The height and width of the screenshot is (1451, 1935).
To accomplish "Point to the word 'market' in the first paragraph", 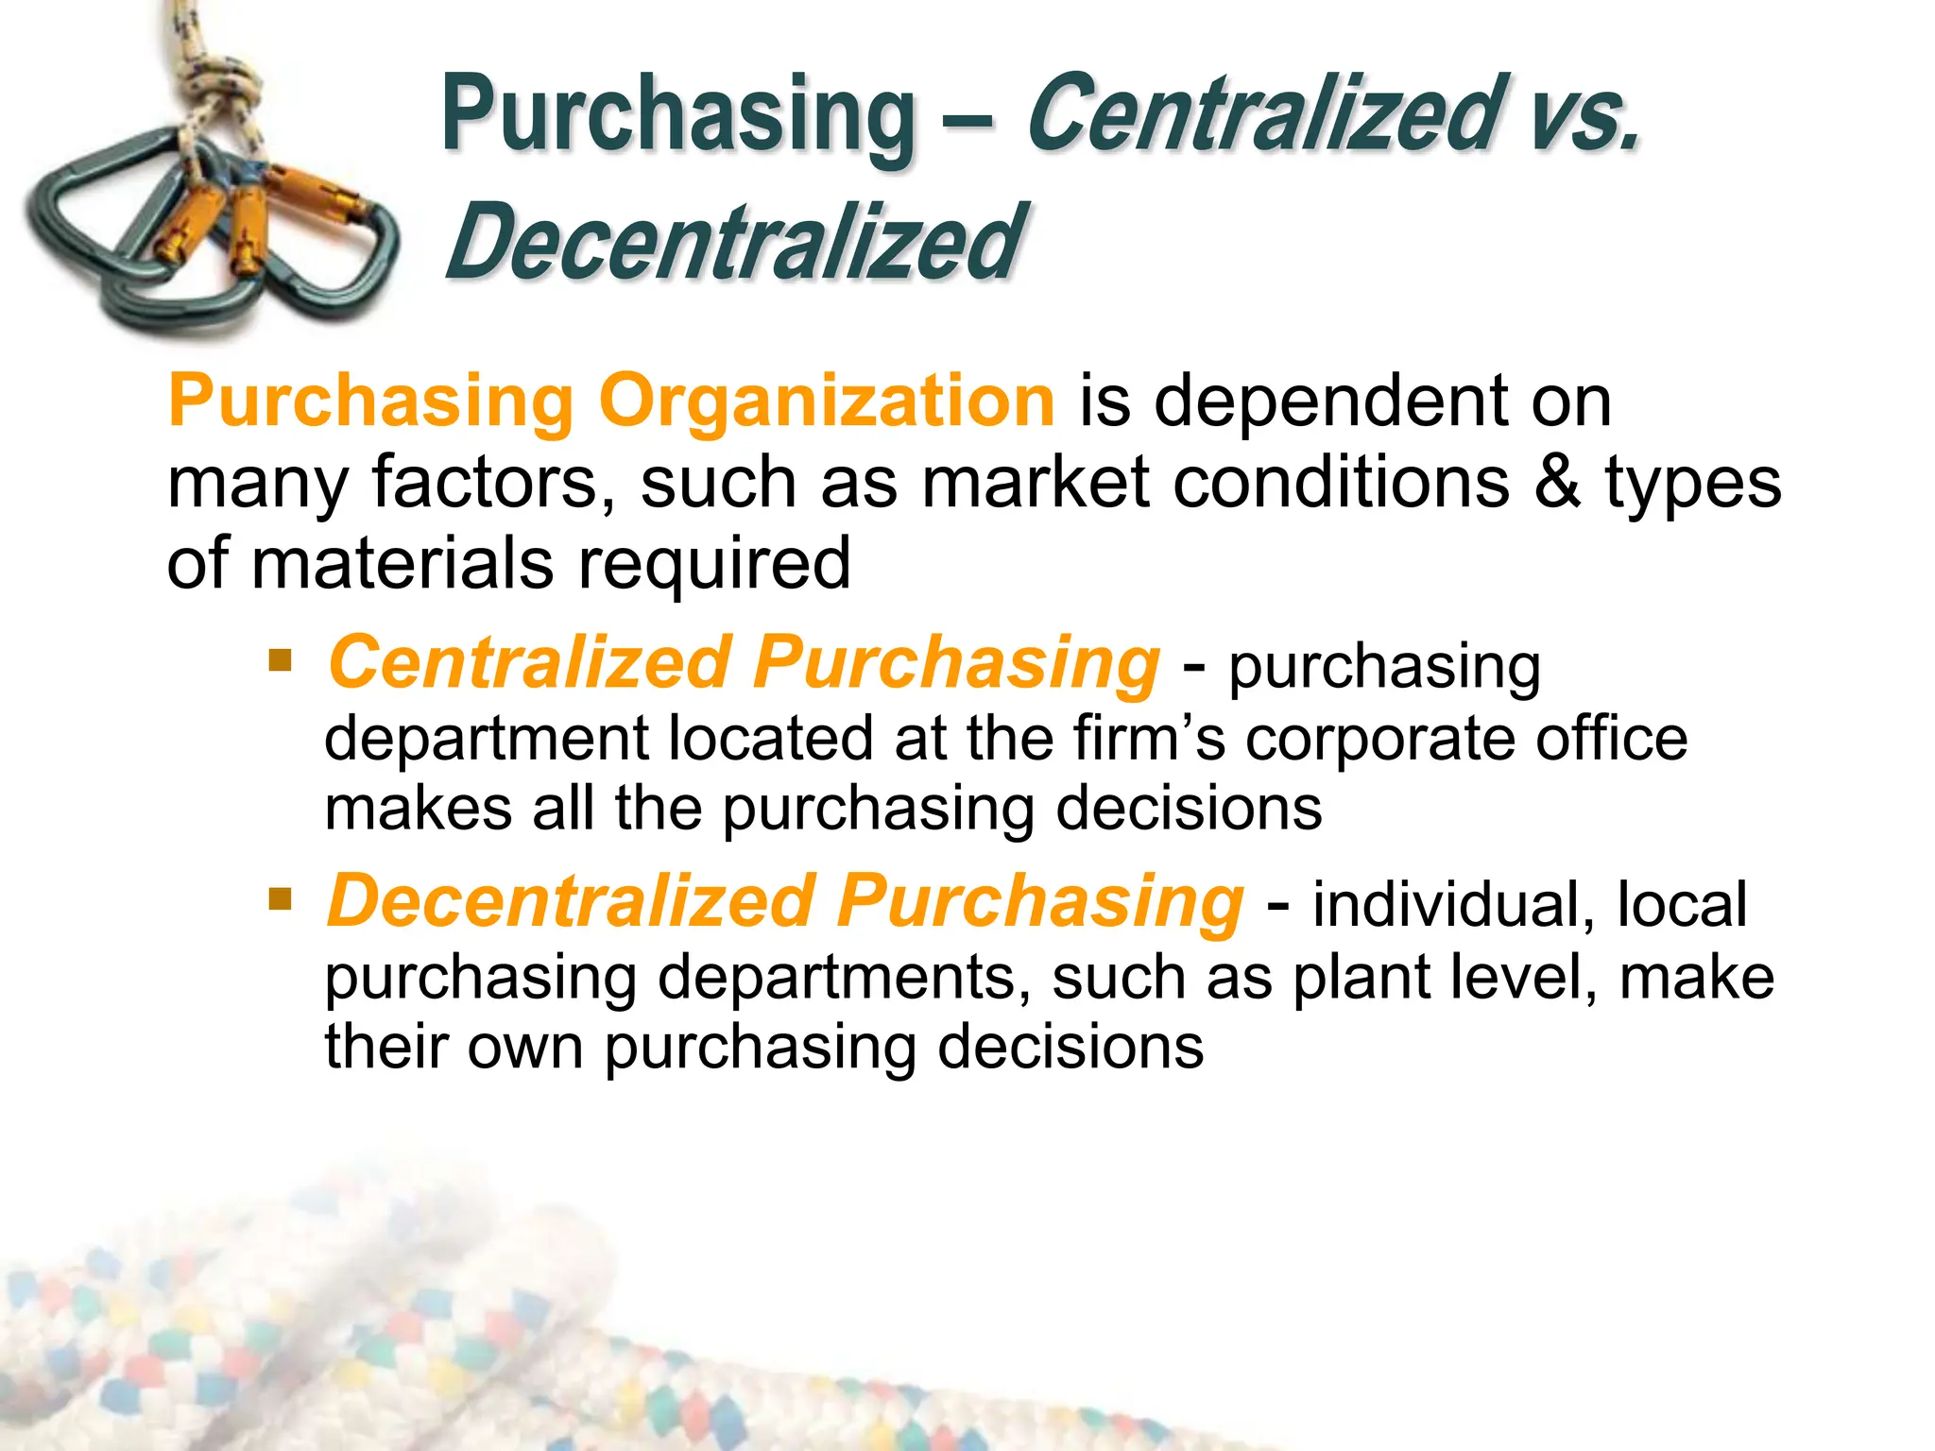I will (x=1036, y=482).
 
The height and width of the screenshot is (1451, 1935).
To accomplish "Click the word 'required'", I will (x=714, y=563).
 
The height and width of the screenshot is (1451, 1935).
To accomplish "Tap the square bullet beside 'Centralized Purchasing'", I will (x=280, y=658).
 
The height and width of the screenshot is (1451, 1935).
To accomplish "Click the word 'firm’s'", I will (x=1149, y=738).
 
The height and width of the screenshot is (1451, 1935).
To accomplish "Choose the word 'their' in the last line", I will (x=387, y=1047).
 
